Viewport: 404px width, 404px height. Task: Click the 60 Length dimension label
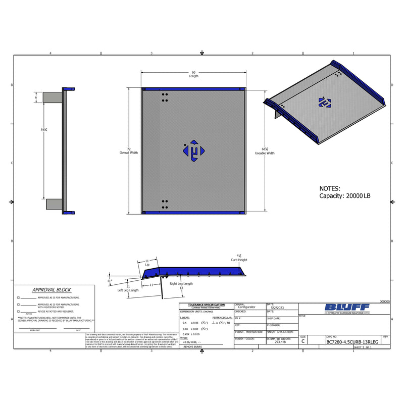pos(193,74)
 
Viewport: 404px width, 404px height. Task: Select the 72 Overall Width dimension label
pos(128,150)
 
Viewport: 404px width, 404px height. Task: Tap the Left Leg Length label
pos(128,290)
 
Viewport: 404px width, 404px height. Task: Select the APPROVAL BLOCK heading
pos(52,290)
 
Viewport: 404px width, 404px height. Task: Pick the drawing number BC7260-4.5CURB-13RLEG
pos(352,342)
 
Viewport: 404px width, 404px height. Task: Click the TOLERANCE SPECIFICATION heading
pos(206,305)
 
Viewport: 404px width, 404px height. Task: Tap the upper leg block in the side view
pos(52,96)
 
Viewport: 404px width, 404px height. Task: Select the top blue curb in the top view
pos(193,89)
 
